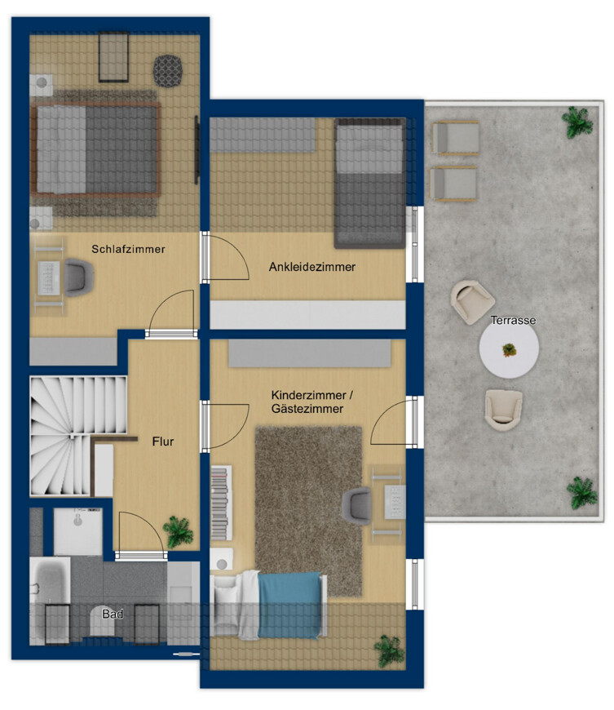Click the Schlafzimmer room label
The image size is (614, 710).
(128, 249)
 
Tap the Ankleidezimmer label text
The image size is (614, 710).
(312, 267)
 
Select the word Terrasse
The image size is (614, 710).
(513, 320)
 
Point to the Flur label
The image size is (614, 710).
(163, 442)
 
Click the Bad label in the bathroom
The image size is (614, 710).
(113, 614)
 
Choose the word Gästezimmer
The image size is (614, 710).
(307, 408)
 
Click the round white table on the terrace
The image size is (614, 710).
(509, 349)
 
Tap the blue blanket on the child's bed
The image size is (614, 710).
(289, 605)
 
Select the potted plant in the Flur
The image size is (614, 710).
(178, 531)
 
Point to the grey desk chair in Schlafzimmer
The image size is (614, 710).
(79, 277)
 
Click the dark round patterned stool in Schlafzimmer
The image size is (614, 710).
(168, 71)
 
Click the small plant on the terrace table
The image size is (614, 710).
(509, 350)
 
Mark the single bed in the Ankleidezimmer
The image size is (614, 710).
(369, 184)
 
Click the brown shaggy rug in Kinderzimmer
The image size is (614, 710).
(308, 511)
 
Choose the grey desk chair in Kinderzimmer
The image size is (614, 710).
(356, 506)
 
